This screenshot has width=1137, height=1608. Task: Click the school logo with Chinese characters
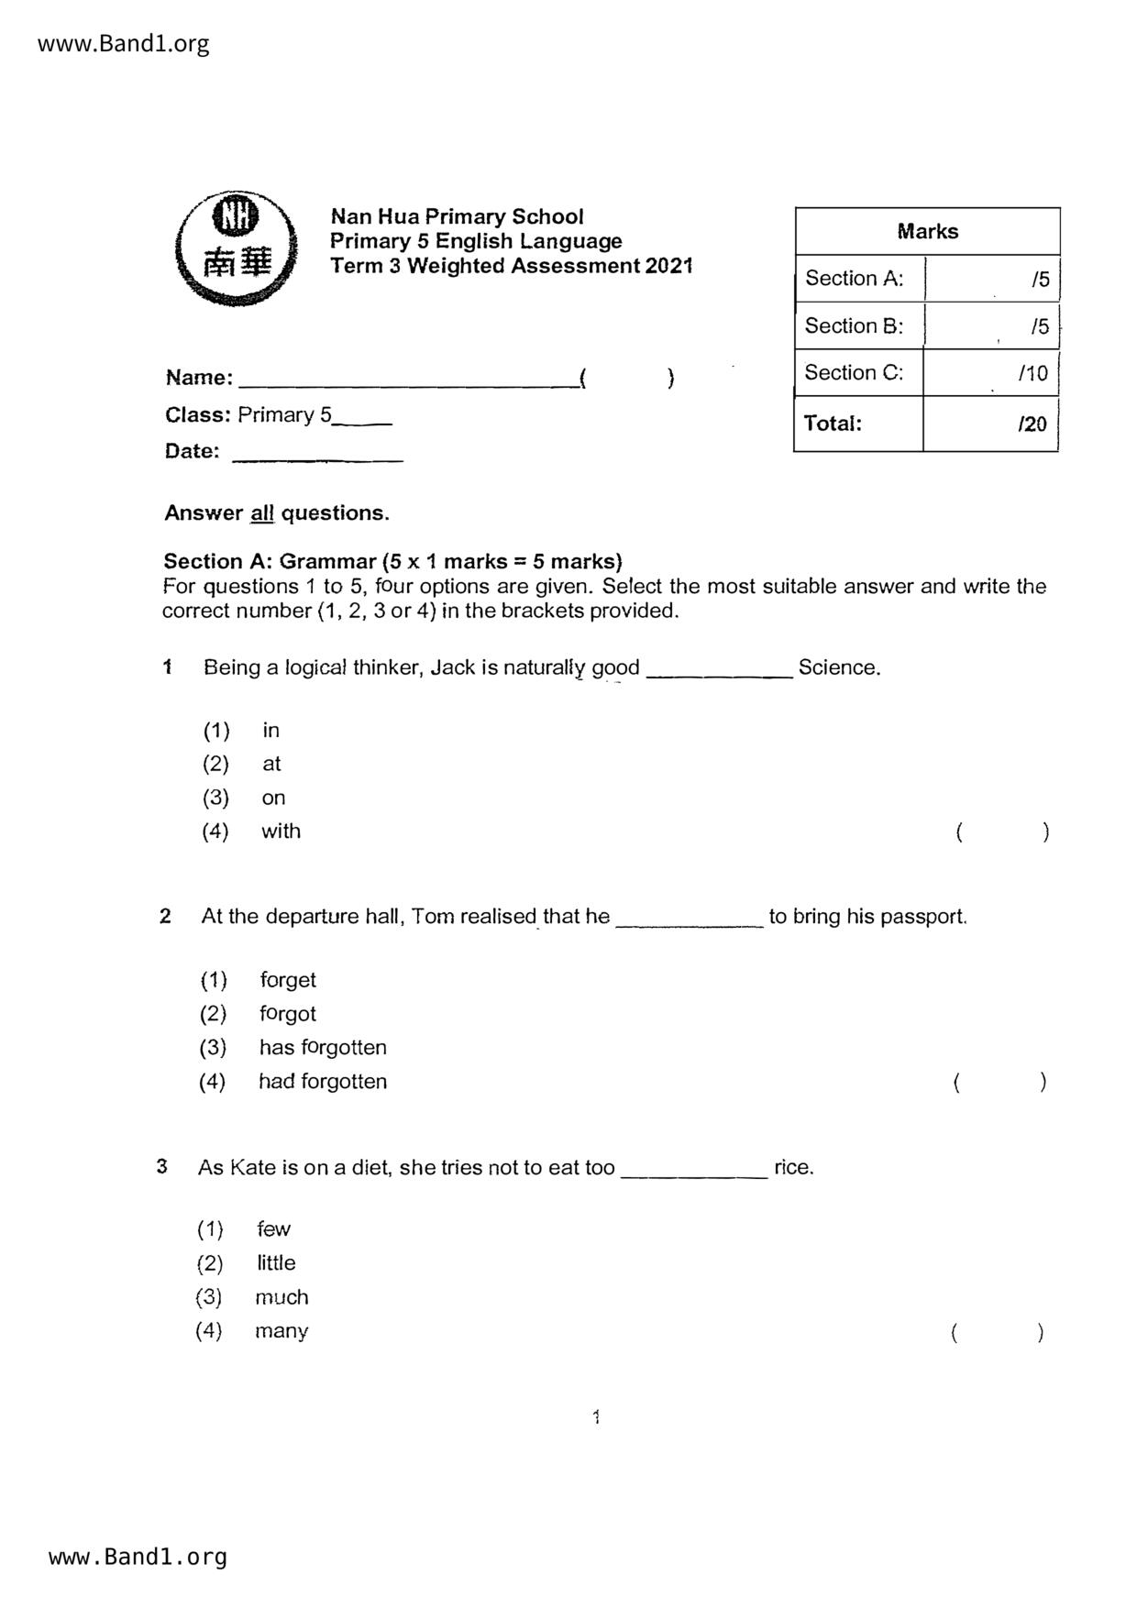coord(236,248)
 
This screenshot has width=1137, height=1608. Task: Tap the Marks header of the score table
coord(927,232)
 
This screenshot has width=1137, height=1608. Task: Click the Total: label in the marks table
coord(833,424)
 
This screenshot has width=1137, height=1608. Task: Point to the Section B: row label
coord(854,326)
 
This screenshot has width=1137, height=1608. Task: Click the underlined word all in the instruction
coord(262,513)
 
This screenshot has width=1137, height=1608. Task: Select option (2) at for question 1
coord(271,764)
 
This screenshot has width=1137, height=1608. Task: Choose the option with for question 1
coord(281,832)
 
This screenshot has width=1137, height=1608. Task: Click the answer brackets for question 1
coord(1001,832)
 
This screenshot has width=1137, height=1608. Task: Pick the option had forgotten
coord(323,1082)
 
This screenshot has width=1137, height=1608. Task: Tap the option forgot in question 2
coord(288,1014)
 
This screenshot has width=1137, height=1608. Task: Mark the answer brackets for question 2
coord(999,1083)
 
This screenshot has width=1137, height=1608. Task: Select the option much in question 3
coord(281,1297)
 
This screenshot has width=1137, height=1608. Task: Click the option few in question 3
coord(273,1229)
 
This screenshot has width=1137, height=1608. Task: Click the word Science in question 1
coord(838,667)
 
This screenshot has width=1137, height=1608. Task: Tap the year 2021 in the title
coord(668,266)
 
